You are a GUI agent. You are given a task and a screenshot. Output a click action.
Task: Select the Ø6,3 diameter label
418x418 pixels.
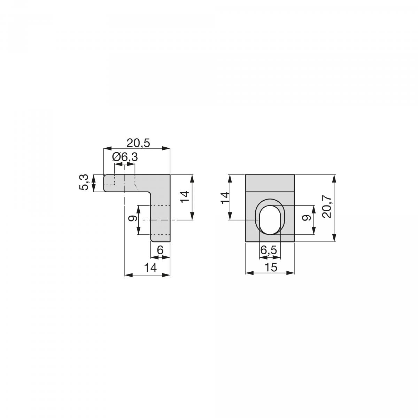pyautogui.click(x=125, y=157)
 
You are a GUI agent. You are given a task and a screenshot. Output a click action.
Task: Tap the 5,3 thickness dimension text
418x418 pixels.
pyautogui.click(x=84, y=183)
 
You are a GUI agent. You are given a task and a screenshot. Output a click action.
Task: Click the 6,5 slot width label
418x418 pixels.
pyautogui.click(x=269, y=250)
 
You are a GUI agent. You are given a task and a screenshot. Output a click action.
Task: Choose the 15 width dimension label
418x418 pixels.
pyautogui.click(x=271, y=268)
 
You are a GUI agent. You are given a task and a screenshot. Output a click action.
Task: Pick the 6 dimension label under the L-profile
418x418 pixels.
pyautogui.click(x=160, y=250)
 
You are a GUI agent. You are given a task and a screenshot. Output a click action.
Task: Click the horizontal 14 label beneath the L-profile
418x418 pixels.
pyautogui.click(x=150, y=268)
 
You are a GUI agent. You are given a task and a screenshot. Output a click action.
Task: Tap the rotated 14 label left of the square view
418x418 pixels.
pyautogui.click(x=226, y=197)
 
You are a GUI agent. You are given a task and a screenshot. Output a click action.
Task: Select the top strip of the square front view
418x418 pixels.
pyautogui.click(x=270, y=183)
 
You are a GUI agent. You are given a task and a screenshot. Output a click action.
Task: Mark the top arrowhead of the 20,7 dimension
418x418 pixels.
pyautogui.click(x=334, y=178)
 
